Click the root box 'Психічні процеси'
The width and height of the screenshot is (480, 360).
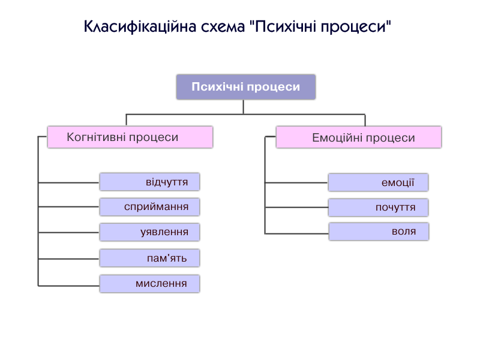click(x=246, y=87)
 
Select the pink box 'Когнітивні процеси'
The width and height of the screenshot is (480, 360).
click(x=130, y=137)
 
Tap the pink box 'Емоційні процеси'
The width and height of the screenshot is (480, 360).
click(x=359, y=137)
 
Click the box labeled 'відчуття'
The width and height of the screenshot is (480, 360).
click(x=149, y=182)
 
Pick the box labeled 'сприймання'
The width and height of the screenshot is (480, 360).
click(x=149, y=207)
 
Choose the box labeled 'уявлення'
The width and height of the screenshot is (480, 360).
click(x=149, y=232)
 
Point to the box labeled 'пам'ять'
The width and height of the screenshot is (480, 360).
click(x=149, y=258)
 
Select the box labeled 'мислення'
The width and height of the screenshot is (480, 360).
click(x=149, y=283)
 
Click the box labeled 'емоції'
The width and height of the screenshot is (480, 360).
click(x=379, y=182)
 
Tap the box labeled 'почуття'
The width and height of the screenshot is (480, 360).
click(x=379, y=208)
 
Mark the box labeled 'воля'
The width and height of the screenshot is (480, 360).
click(x=379, y=232)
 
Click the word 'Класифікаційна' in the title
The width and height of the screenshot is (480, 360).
click(x=140, y=26)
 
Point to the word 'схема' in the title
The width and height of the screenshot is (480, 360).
click(x=223, y=27)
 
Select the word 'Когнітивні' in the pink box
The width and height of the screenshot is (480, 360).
click(x=97, y=137)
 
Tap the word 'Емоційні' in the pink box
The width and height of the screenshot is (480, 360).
click(x=338, y=138)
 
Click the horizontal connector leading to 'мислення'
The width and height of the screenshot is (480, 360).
click(x=69, y=286)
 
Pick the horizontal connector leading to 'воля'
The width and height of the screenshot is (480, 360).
click(x=297, y=233)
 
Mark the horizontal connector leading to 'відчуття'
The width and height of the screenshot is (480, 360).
click(x=69, y=183)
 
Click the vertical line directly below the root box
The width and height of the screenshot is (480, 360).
click(x=244, y=107)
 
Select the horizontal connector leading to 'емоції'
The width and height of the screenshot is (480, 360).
click(x=296, y=183)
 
